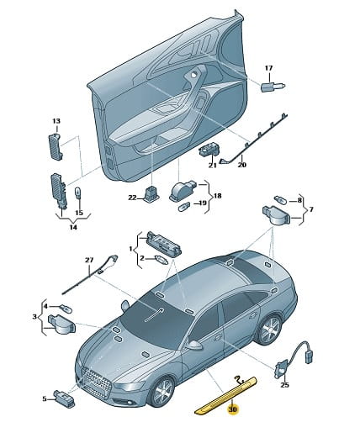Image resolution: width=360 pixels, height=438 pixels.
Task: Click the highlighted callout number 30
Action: pos(233,409)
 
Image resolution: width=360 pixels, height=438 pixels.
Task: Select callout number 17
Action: pos(268,68)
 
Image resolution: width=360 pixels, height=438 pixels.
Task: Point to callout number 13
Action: pos(56,121)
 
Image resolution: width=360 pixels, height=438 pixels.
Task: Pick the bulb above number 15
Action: pos(77,193)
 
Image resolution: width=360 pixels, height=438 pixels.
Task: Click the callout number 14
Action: pos(73,227)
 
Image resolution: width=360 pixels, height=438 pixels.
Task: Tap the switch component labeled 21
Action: pos(209,150)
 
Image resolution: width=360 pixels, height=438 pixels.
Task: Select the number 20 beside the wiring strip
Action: pos(241,165)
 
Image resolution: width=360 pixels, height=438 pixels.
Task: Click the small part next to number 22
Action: pos(153,193)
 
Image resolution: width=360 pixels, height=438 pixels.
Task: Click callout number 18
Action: pos(217,196)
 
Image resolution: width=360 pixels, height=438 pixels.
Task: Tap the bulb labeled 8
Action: pos(279,200)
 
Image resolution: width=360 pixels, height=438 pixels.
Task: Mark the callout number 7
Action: pos(310,209)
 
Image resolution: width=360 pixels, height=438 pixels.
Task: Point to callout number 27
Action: pos(89,260)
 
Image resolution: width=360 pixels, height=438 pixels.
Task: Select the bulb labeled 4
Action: pos(65,309)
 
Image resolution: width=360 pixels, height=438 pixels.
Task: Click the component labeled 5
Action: pos(65,398)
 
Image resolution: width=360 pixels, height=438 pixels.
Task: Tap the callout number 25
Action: pos(284,385)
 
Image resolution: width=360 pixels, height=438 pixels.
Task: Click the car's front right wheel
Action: pos(162,392)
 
